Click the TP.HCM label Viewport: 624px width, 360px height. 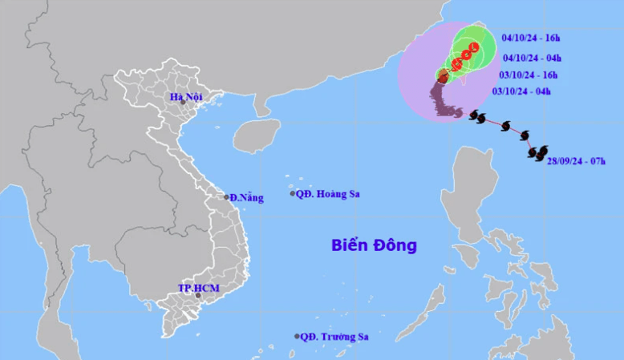coord(198,288)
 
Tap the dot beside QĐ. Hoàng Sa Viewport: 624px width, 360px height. coord(293,193)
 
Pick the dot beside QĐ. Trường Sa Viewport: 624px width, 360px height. coord(298,337)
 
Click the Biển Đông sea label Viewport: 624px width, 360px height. coord(374,245)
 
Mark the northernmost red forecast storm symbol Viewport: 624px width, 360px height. coord(474,48)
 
